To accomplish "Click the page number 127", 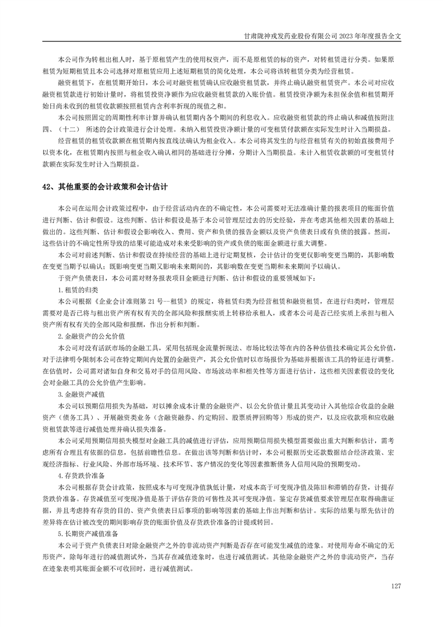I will (397, 586).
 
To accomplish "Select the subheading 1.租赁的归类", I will (78, 289).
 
